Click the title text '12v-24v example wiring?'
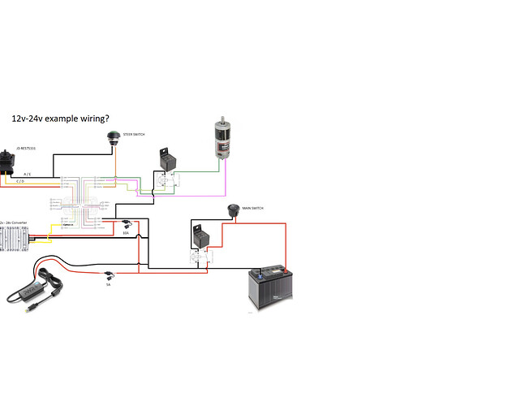(61, 118)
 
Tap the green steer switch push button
(113, 136)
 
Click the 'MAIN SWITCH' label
(252, 208)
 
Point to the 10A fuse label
(126, 233)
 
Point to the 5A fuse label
(108, 285)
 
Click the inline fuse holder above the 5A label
(110, 275)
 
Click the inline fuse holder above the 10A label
(127, 222)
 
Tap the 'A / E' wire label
(28, 174)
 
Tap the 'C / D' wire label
(19, 182)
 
